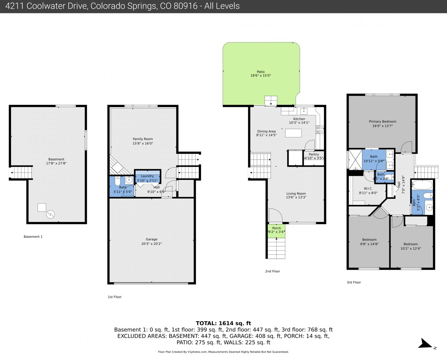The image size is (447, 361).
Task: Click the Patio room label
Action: pyautogui.click(x=260, y=72)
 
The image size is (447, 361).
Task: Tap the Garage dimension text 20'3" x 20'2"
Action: pyautogui.click(x=152, y=244)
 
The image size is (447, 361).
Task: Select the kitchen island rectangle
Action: pyautogui.click(x=293, y=133)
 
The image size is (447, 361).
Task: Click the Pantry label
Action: pyautogui.click(x=314, y=154)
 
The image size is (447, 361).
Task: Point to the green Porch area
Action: pyautogui.click(x=276, y=231)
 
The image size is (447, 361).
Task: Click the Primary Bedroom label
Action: pyautogui.click(x=383, y=122)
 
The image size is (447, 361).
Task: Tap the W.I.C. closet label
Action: pyautogui.click(x=368, y=189)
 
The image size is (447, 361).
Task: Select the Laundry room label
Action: pyautogui.click(x=147, y=176)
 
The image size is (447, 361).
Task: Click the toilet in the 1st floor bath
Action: pyautogui.click(x=118, y=181)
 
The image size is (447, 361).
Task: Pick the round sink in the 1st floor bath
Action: pyautogui.click(x=129, y=180)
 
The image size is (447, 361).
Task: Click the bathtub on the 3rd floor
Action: pyautogui.click(x=422, y=185)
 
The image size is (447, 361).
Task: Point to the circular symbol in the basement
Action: pyautogui.click(x=51, y=214)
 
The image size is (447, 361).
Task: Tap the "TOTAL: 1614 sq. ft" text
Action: pyautogui.click(x=223, y=323)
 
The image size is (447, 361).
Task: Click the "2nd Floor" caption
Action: pyautogui.click(x=273, y=271)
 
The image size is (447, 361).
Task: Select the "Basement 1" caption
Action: pyautogui.click(x=33, y=237)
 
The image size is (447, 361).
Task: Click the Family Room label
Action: pyautogui.click(x=143, y=139)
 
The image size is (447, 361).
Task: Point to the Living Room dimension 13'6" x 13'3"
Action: pyautogui.click(x=296, y=197)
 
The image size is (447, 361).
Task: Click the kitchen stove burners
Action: pyautogui.click(x=320, y=130)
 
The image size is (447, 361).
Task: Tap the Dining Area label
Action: pyautogui.click(x=267, y=131)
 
